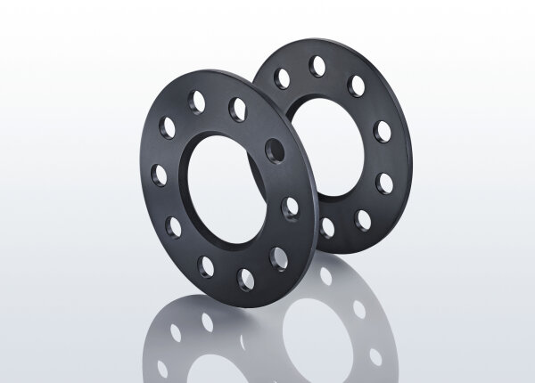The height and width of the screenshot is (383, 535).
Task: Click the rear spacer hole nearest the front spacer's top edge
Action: [282, 78]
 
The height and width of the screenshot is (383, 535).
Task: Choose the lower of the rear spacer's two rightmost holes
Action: [385, 183]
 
